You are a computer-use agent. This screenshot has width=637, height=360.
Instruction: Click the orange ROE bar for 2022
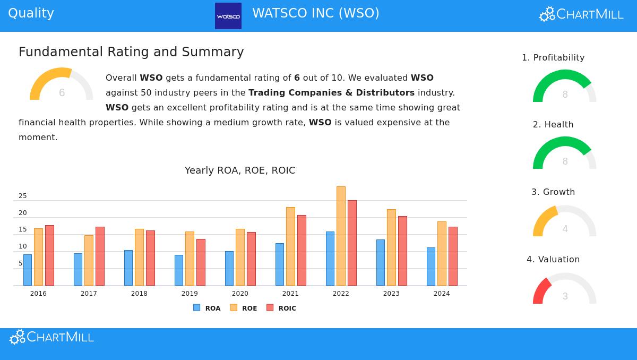pos(341,236)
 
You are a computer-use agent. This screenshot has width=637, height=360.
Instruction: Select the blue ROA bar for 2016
pos(28,270)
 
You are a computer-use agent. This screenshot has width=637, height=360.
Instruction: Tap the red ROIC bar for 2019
pos(201,262)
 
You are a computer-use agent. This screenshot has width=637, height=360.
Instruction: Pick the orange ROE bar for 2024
pos(442,253)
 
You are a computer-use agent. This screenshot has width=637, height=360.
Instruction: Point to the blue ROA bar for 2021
pos(280,264)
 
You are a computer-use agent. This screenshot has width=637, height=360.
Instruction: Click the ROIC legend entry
pos(281,308)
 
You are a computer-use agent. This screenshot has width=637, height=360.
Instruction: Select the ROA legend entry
pos(207,308)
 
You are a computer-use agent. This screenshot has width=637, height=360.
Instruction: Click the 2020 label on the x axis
pos(240,294)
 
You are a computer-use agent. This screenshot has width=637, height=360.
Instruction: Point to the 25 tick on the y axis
pos(22,196)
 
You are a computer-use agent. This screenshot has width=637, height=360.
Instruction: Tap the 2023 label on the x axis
pos(391,294)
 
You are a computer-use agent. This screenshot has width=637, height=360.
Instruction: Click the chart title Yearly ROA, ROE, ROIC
pos(240,170)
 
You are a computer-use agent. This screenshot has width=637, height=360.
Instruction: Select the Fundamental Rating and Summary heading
pos(131,52)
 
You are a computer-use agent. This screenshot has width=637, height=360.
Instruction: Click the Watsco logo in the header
pos(228,16)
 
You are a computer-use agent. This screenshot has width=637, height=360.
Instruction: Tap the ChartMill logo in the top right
pos(581,14)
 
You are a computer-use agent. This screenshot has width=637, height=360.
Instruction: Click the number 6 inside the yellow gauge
pos(62,93)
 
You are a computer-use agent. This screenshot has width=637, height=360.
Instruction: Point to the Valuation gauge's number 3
pos(565,296)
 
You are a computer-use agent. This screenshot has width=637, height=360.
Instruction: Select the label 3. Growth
pos(553,192)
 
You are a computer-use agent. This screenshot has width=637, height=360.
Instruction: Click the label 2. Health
pos(553,124)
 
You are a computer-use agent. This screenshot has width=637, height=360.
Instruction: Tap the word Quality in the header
pos(31,13)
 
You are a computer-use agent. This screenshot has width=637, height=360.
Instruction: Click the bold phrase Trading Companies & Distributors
pos(331,92)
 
